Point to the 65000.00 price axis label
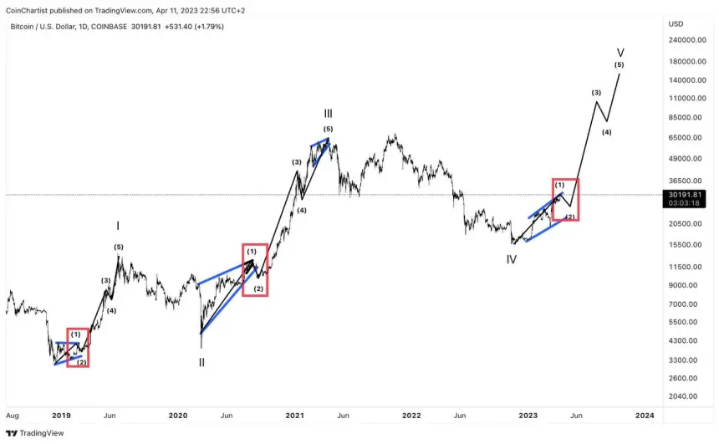click(687, 138)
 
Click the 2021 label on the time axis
click(294, 415)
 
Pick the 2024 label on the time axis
click(645, 415)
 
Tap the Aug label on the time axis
click(12, 415)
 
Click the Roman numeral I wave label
click(118, 226)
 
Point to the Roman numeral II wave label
click(201, 362)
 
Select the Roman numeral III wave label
click(329, 113)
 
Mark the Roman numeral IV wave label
click(511, 259)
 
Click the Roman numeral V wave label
click(620, 51)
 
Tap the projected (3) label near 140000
click(596, 92)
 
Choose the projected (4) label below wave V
click(607, 132)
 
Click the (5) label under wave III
click(329, 128)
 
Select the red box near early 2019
click(78, 347)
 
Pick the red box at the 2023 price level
click(565, 200)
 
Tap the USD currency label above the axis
click(676, 23)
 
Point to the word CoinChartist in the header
click(33, 11)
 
